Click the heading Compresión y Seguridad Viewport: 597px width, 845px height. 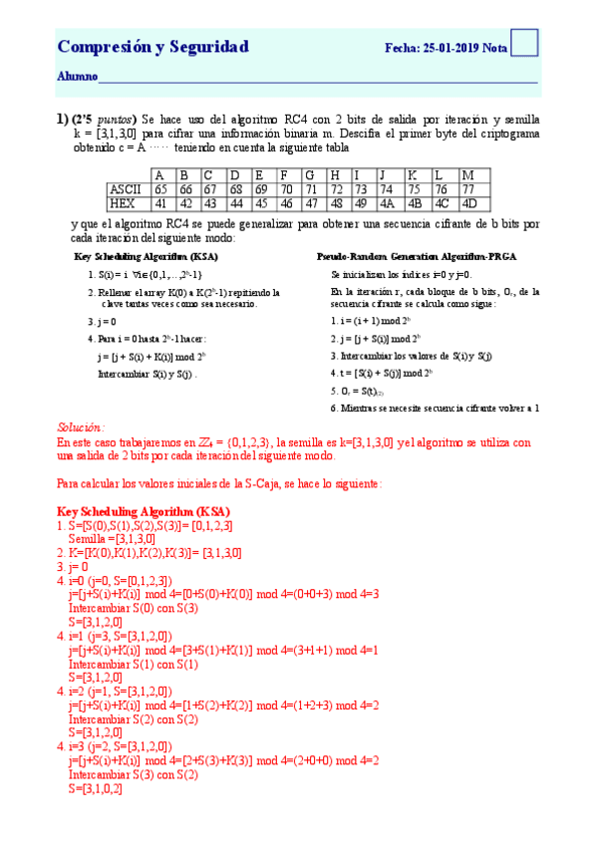(152, 47)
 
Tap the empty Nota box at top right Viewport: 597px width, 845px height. (525, 43)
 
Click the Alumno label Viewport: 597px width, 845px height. (77, 77)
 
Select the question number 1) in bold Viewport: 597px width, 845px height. (62, 117)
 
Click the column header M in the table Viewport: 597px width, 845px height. (469, 175)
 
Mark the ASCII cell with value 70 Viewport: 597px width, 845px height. (286, 189)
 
